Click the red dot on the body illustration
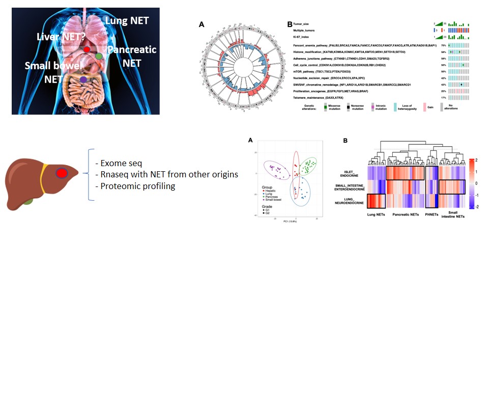coord(87,49)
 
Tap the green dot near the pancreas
coord(99,56)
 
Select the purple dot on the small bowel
coord(83,79)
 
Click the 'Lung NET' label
coord(127,21)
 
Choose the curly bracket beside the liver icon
coord(91,175)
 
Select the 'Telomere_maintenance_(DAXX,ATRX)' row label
coord(325,97)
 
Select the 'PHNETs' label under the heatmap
coord(431,215)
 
